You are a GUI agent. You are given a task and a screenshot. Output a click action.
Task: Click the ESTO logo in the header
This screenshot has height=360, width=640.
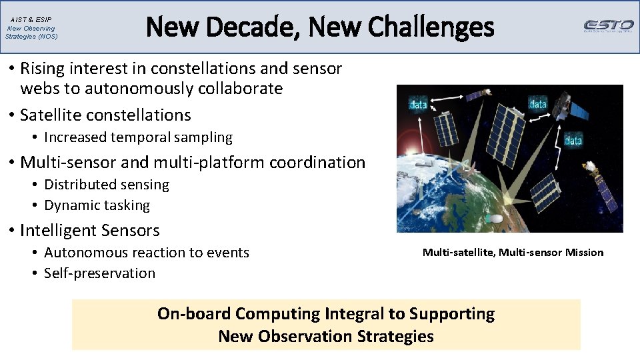[609, 26]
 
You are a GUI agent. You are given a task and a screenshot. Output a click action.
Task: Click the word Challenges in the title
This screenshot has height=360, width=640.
[431, 27]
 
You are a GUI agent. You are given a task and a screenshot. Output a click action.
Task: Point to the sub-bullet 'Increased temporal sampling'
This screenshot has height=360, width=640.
[138, 137]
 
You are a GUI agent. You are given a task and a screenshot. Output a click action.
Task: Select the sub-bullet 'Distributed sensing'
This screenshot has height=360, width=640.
[107, 185]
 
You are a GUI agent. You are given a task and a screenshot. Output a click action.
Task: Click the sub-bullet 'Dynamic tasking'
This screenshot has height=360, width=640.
[97, 205]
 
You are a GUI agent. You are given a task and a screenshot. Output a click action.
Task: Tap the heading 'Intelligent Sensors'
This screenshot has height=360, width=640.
[90, 231]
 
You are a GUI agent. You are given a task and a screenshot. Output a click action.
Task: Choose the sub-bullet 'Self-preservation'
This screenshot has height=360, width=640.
[99, 273]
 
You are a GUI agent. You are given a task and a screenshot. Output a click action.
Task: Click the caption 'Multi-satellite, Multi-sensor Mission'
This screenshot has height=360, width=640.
[513, 252]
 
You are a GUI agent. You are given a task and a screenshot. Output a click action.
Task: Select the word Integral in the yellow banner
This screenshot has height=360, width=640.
[365, 314]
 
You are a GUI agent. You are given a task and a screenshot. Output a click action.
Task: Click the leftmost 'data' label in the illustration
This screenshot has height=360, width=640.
[418, 105]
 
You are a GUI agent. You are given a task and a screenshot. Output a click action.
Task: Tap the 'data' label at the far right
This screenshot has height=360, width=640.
[573, 140]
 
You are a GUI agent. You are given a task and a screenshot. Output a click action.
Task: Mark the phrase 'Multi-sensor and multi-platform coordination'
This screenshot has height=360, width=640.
[193, 163]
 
